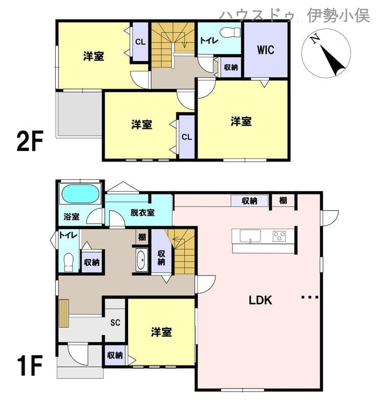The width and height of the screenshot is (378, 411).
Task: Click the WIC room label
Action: pos(266,50)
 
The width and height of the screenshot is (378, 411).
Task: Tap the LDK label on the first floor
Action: pos(261,300)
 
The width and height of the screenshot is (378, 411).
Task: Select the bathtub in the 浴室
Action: pos(80,194)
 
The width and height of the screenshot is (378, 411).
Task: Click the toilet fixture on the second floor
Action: pos(230,33)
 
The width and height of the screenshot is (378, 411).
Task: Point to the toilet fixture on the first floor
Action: pos(69,262)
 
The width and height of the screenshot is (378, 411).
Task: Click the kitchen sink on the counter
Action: pos(250,236)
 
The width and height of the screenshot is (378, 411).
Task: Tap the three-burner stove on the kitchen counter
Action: pos(279,236)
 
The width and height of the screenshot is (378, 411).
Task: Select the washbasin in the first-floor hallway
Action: pos(140,260)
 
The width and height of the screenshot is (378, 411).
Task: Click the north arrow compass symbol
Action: pos(326,53)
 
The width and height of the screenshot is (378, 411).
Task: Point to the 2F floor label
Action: pos(30,141)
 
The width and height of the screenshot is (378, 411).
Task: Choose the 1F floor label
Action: pos(30,365)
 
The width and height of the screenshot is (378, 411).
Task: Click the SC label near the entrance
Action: pos(115,322)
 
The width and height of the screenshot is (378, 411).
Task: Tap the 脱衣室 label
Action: pos(143,212)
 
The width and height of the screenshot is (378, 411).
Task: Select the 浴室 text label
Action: pos(72,217)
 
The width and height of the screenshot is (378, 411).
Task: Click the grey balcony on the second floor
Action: pos(79,115)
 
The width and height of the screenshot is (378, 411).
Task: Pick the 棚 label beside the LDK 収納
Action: pos(283,200)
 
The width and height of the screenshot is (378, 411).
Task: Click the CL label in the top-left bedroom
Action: pos(140,42)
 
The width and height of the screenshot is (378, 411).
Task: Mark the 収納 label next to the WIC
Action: pos(231,67)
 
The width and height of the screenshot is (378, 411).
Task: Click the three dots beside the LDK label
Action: pos(310,297)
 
